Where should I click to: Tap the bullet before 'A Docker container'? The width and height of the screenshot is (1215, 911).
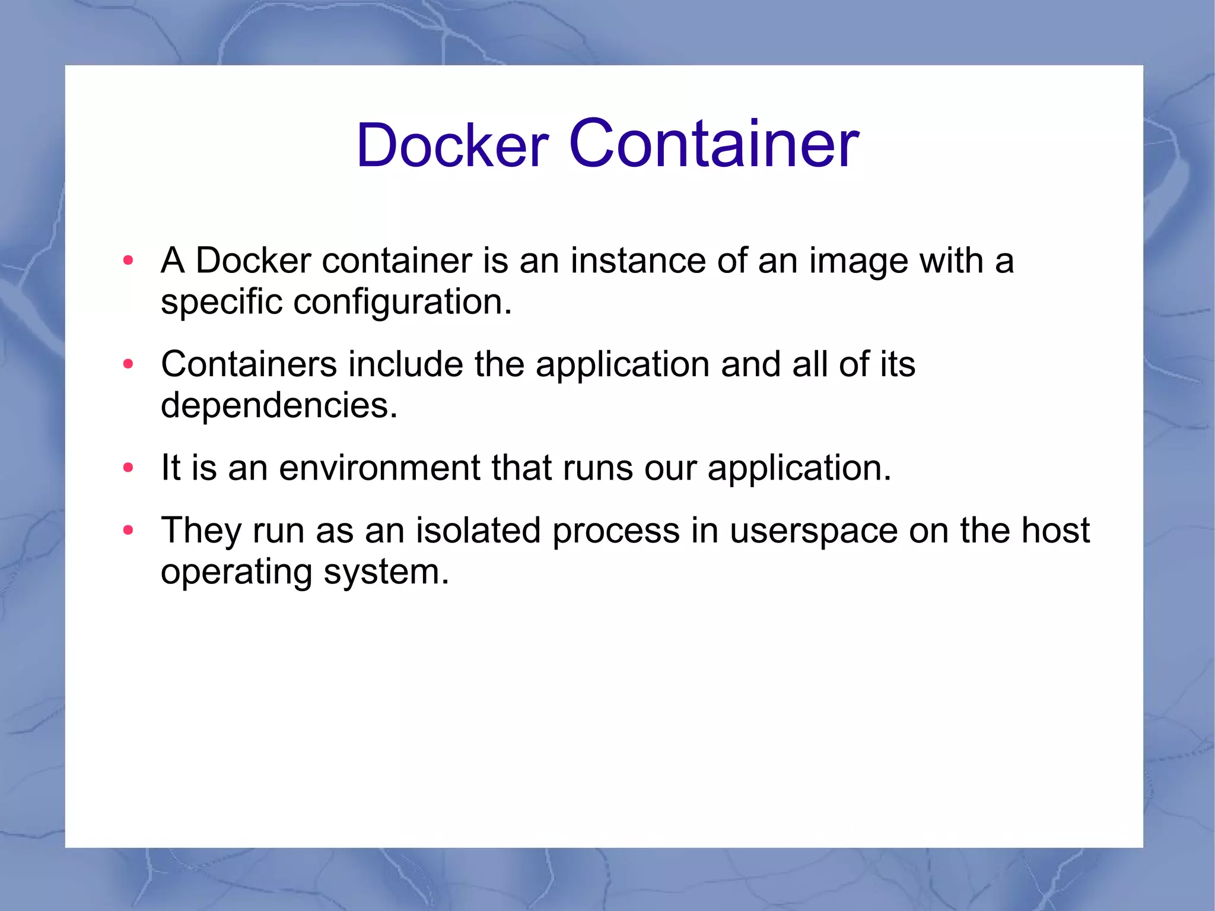point(128,260)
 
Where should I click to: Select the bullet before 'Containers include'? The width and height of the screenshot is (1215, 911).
point(128,364)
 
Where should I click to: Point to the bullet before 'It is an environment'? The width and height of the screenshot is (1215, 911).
point(128,468)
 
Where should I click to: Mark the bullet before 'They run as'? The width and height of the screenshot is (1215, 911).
point(128,530)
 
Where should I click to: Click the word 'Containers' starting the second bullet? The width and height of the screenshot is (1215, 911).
point(249,364)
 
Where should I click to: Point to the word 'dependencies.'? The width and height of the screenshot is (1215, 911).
point(279,406)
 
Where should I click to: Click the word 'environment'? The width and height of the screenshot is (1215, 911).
point(380,468)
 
